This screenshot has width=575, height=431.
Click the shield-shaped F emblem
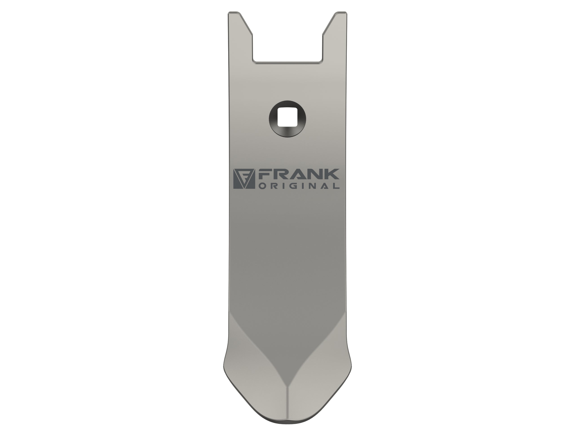click(244, 179)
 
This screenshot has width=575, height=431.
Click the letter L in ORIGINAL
click(336, 186)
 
